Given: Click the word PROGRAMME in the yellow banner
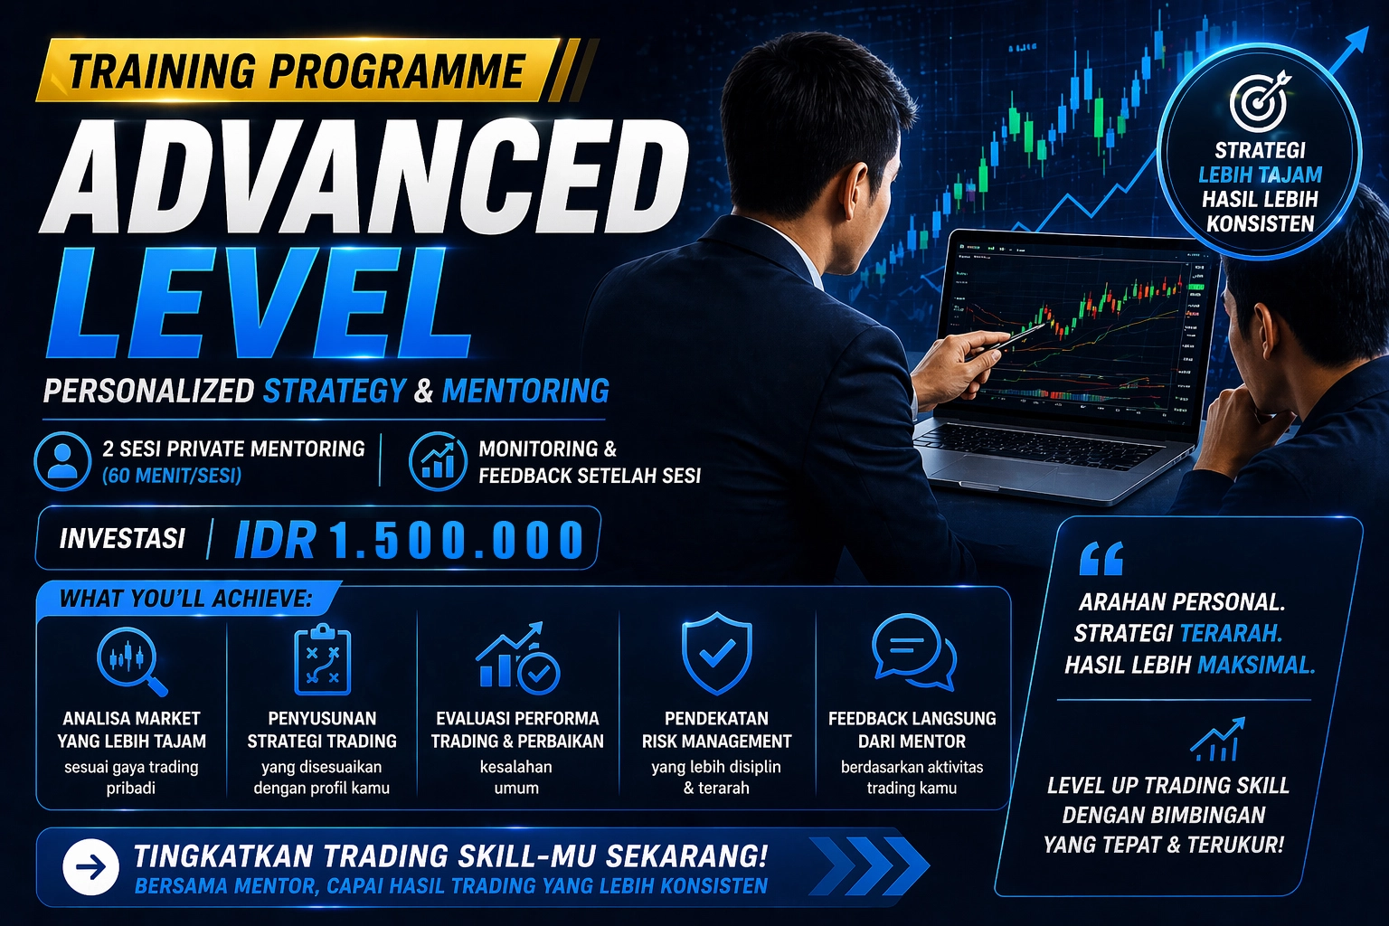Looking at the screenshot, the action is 398,71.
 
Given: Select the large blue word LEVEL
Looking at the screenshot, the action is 259,303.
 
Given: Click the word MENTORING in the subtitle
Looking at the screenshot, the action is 525,391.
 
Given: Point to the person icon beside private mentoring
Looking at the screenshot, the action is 62,461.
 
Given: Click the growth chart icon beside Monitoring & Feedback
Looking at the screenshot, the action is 438,461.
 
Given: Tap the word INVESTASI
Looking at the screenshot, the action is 122,538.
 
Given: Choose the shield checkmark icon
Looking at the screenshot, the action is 717,653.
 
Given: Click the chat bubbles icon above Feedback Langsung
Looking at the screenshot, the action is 913,653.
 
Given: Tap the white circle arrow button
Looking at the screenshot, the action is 90,867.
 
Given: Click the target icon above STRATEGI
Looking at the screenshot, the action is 1260,101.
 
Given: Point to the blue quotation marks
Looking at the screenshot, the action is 1101,558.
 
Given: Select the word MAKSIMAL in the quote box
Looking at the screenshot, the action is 1256,666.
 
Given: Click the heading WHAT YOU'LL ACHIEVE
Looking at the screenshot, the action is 185,599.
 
